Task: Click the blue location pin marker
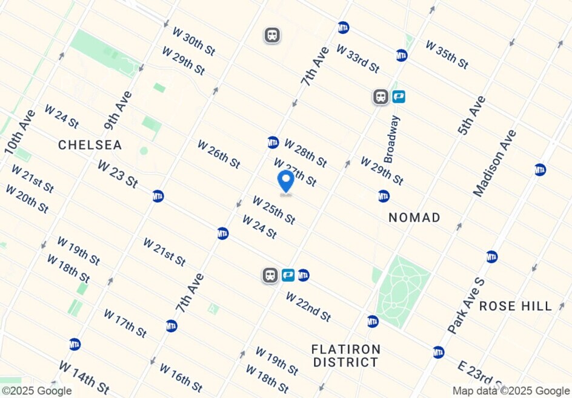285,181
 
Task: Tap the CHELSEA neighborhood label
90,145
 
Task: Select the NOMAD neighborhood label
414,218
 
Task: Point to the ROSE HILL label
516,306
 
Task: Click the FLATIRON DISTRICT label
346,356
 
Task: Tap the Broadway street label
391,139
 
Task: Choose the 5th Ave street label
471,116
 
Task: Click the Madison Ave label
495,163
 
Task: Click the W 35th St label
447,54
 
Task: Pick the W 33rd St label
358,59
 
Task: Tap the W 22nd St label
308,307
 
